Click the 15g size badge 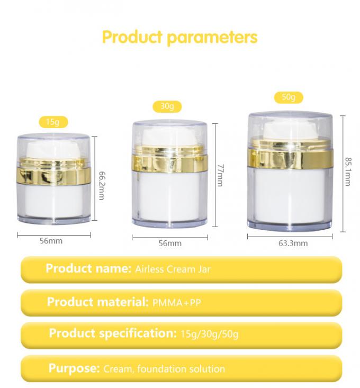tap(53, 122)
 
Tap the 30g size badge tap(167, 106)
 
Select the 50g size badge tap(289, 97)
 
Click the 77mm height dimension tap(220, 175)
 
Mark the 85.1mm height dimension tap(348, 171)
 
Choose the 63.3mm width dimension tap(293, 243)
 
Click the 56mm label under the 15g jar tap(51, 241)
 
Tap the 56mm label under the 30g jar tap(170, 243)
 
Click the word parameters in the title tap(212, 38)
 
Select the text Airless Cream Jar tap(173, 269)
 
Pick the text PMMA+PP tap(177, 303)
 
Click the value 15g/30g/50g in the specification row tap(210, 335)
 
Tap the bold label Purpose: tap(74, 368)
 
